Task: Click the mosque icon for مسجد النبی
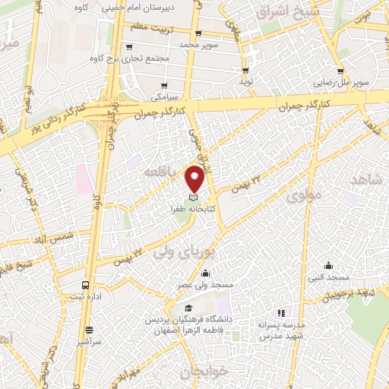pyautogui.click(x=328, y=265)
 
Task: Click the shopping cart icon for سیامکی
pyautogui.click(x=165, y=84)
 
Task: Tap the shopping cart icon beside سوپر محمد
pyautogui.click(x=199, y=33)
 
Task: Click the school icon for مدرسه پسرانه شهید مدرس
pyautogui.click(x=281, y=312)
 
